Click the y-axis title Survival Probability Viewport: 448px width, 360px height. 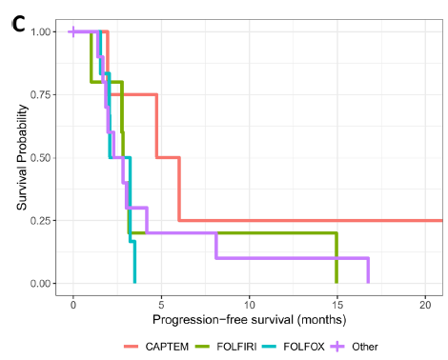[22, 156]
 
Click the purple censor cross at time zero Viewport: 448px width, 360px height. [73, 31]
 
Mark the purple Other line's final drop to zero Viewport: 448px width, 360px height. [368, 270]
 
